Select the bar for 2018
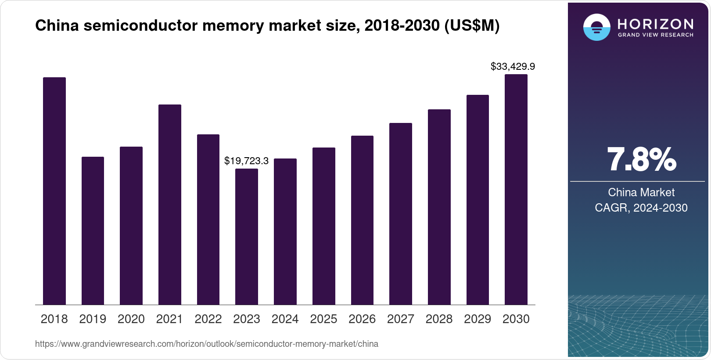(x=54, y=191)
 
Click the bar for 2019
(x=93, y=230)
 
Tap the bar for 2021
(x=169, y=205)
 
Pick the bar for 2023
(x=247, y=237)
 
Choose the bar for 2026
(x=362, y=220)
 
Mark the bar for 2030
(x=516, y=189)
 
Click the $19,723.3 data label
(x=246, y=161)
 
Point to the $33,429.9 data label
(x=513, y=67)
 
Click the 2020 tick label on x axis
(x=131, y=319)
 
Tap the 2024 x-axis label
(x=285, y=319)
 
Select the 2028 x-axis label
(x=439, y=319)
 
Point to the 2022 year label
(x=208, y=319)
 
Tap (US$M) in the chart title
(x=472, y=26)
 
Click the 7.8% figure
(x=641, y=160)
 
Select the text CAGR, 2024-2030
(x=641, y=208)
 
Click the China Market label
(x=641, y=192)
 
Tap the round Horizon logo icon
(x=596, y=27)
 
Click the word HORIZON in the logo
(x=656, y=24)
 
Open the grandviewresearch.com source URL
(x=206, y=344)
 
